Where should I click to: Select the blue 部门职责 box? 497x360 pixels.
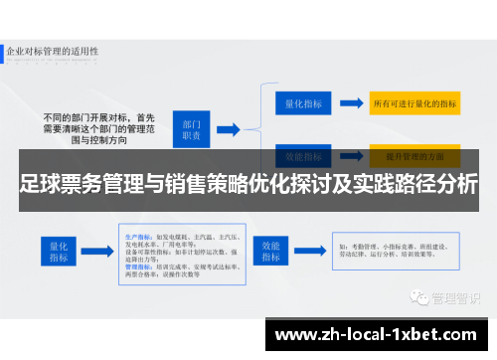(191, 127)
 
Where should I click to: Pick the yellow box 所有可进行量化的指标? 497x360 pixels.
(414, 101)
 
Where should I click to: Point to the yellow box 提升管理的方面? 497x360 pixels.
(414, 156)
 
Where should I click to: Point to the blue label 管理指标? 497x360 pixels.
(137, 268)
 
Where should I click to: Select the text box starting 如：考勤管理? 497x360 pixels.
(388, 251)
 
